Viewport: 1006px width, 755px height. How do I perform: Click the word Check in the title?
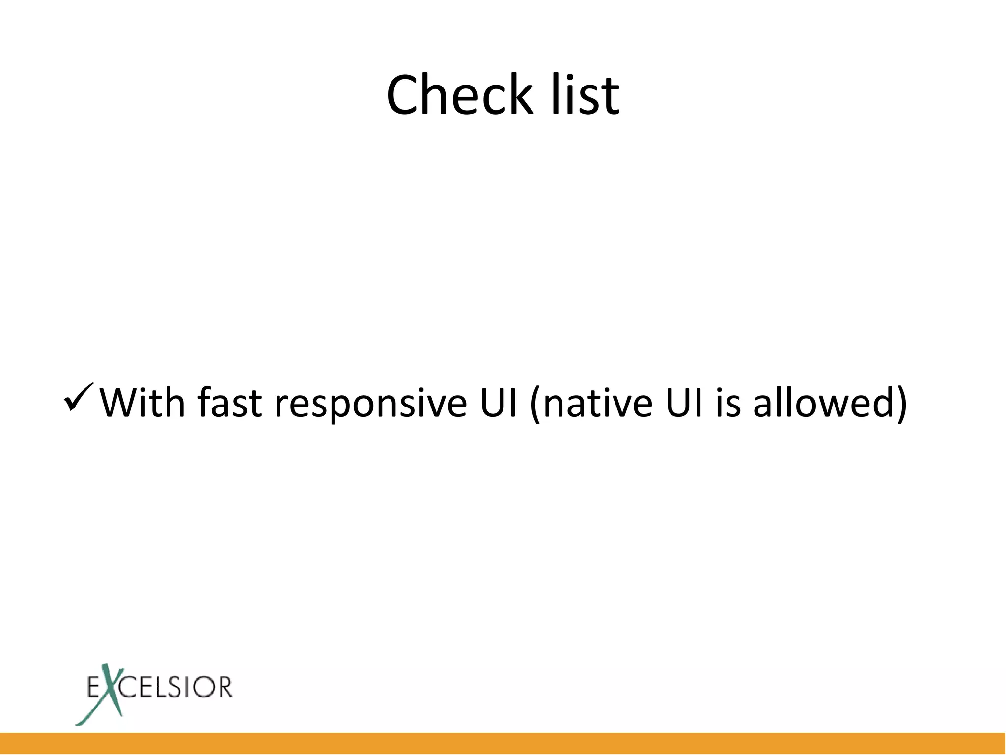click(459, 94)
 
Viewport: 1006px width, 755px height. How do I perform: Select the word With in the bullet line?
click(143, 403)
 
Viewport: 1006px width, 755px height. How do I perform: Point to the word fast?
click(229, 403)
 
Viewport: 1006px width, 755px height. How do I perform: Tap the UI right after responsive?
click(499, 403)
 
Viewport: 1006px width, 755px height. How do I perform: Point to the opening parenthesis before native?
click(536, 404)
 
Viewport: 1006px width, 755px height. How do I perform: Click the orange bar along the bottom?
click(503, 743)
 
